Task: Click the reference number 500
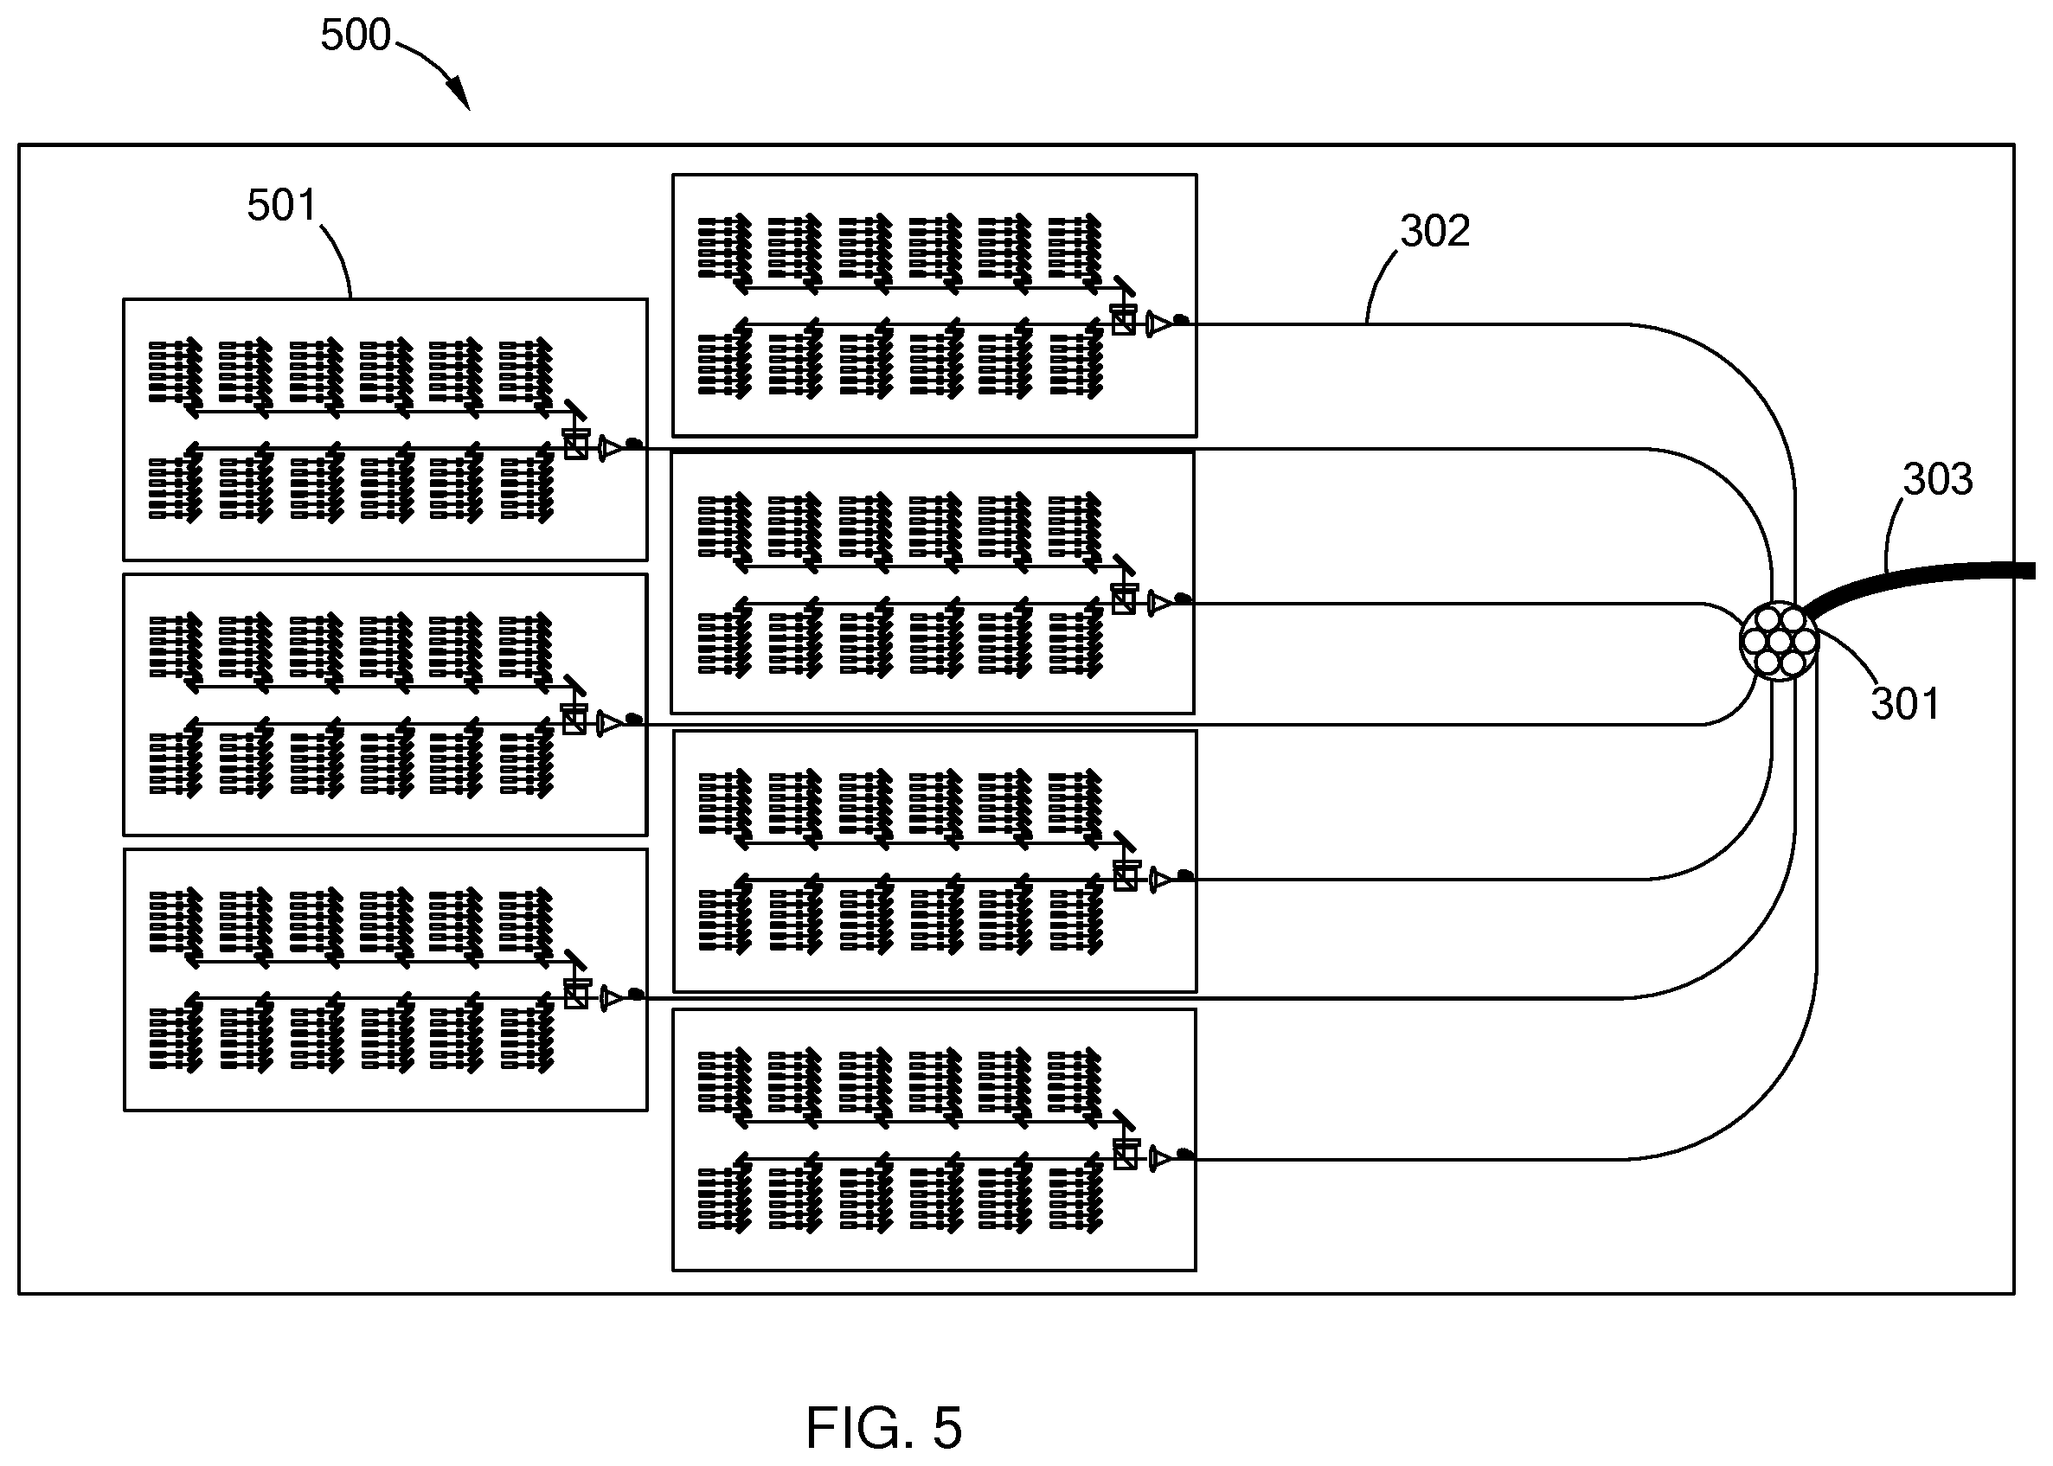(x=355, y=35)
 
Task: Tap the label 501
(x=282, y=205)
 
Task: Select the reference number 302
(x=1434, y=230)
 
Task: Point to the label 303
(x=1937, y=478)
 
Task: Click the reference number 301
(x=1905, y=704)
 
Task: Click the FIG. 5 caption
(x=884, y=1427)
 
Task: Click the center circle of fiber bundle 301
(x=1779, y=641)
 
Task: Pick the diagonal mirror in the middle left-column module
(x=574, y=684)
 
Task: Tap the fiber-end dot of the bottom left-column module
(x=636, y=994)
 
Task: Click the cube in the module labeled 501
(x=576, y=445)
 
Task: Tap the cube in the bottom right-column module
(x=1125, y=1155)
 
